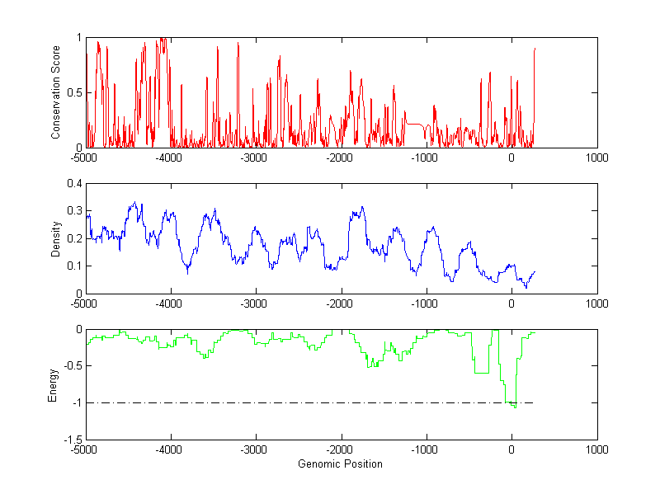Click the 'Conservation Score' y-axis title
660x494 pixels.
56,92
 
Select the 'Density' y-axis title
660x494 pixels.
56,238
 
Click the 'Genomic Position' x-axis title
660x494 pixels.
340,463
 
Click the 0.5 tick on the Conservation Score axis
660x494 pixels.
76,92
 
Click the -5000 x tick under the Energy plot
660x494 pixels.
85,449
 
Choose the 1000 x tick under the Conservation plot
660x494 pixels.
596,157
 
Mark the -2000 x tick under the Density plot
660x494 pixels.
341,303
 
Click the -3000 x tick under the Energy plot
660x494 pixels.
256,449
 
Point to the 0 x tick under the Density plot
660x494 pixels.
511,303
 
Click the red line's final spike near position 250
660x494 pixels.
535,51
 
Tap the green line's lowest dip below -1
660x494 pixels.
515,407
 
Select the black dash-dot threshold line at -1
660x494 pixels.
289,402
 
